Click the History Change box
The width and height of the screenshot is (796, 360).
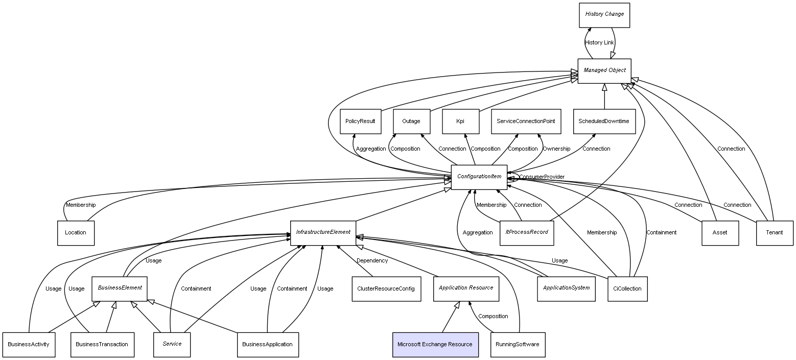pyautogui.click(x=604, y=15)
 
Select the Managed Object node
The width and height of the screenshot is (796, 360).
pyautogui.click(x=604, y=71)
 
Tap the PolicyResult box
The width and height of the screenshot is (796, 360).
pyautogui.click(x=360, y=122)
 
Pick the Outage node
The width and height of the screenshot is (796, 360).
pyautogui.click(x=411, y=122)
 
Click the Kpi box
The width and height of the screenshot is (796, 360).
pyautogui.click(x=460, y=122)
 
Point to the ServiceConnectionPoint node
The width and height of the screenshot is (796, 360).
pyautogui.click(x=526, y=122)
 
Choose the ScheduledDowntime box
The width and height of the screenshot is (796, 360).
pyautogui.click(x=604, y=122)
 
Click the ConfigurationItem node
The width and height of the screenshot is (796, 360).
pyautogui.click(x=479, y=177)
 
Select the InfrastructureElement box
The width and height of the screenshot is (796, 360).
pyautogui.click(x=323, y=233)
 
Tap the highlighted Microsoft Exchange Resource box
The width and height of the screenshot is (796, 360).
pyautogui.click(x=435, y=345)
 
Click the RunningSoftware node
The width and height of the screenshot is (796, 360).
pyautogui.click(x=518, y=345)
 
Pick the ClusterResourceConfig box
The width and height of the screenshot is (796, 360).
pyautogui.click(x=386, y=289)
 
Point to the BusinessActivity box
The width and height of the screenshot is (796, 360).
pyautogui.click(x=29, y=345)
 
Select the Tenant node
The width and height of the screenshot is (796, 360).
pyautogui.click(x=775, y=233)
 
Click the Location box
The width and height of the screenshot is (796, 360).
pyautogui.click(x=76, y=233)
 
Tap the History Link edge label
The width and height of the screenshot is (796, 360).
pyautogui.click(x=599, y=42)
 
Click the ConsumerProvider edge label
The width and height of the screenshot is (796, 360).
pyautogui.click(x=542, y=177)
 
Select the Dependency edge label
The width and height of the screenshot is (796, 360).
pyautogui.click(x=372, y=260)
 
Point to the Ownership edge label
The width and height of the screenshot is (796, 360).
pyautogui.click(x=556, y=149)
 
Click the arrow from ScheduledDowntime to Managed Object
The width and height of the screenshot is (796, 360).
pyautogui.click(x=604, y=96)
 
